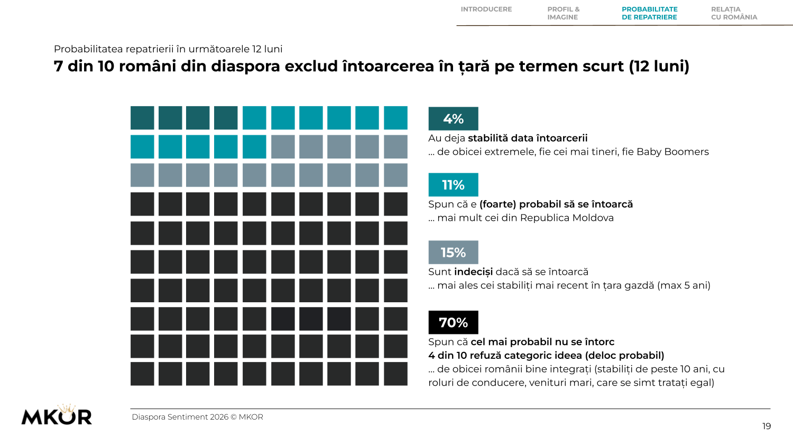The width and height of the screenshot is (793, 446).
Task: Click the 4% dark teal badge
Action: [x=453, y=118]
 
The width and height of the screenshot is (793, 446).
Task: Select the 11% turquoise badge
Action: [x=453, y=185]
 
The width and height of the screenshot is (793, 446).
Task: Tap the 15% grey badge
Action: [x=453, y=253]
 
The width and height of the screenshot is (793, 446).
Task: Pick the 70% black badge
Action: [x=453, y=322]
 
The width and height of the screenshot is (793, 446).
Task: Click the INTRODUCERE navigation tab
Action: [x=486, y=9]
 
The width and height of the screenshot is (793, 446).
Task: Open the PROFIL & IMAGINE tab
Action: [x=564, y=13]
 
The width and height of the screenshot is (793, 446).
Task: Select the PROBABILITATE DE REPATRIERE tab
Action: [x=650, y=13]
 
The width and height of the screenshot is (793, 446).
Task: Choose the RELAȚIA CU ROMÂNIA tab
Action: [x=734, y=13]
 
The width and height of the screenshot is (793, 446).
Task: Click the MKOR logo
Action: [x=57, y=414]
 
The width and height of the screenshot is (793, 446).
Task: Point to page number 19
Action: [x=767, y=426]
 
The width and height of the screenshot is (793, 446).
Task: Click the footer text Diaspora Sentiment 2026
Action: [x=180, y=417]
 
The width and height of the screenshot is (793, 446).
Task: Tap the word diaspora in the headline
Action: [x=245, y=67]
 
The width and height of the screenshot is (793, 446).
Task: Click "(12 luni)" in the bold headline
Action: [x=659, y=67]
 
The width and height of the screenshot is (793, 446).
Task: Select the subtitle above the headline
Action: [x=168, y=49]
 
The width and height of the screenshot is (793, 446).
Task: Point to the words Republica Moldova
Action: [x=567, y=218]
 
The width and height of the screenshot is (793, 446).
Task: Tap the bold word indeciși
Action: [x=473, y=272]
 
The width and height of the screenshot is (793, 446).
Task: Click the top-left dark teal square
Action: [x=142, y=118]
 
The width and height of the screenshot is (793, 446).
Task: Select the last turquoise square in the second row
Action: [x=254, y=146]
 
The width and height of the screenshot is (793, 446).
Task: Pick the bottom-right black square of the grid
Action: [x=395, y=374]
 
